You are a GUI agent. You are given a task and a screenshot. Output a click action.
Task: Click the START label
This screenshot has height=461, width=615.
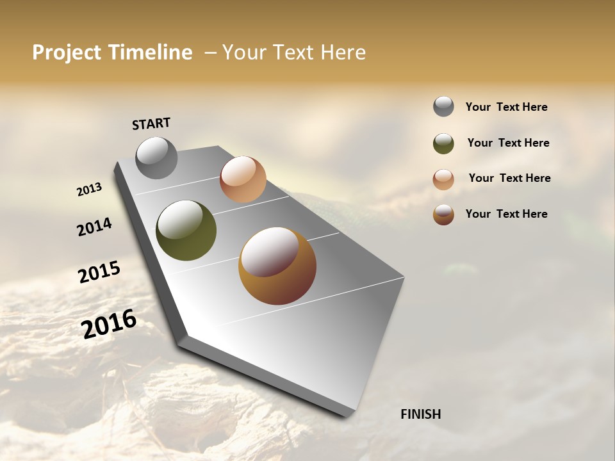(151, 124)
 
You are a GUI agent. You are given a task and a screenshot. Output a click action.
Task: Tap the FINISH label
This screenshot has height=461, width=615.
(420, 414)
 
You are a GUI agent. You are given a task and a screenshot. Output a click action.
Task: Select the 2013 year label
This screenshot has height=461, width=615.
(90, 190)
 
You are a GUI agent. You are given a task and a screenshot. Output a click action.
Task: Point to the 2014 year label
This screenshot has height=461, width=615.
(95, 227)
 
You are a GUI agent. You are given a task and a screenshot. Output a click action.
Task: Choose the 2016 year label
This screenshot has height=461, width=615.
(109, 323)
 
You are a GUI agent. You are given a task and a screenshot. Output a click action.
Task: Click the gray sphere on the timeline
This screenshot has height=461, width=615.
(156, 158)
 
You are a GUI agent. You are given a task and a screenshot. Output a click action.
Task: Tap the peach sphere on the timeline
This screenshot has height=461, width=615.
(243, 179)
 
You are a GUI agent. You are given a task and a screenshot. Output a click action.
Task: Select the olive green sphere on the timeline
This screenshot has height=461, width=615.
(186, 230)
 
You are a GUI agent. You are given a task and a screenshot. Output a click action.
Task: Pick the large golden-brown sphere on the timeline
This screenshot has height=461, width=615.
(277, 266)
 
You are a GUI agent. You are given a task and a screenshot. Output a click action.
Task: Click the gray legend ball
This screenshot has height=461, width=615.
(443, 106)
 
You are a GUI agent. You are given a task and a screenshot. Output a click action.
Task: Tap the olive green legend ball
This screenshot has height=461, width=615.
(443, 143)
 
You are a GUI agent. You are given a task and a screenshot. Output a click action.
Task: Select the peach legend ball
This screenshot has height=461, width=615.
(443, 179)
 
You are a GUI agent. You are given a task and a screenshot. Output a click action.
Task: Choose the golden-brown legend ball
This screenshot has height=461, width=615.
(443, 214)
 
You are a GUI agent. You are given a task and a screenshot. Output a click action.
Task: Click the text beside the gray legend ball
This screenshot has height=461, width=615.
(506, 108)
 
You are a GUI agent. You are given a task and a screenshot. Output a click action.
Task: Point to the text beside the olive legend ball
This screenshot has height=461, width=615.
(508, 143)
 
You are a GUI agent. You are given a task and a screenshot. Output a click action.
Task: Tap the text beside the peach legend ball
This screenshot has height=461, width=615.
(509, 178)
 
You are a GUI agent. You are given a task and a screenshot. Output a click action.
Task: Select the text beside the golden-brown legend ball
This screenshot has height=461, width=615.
(506, 214)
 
